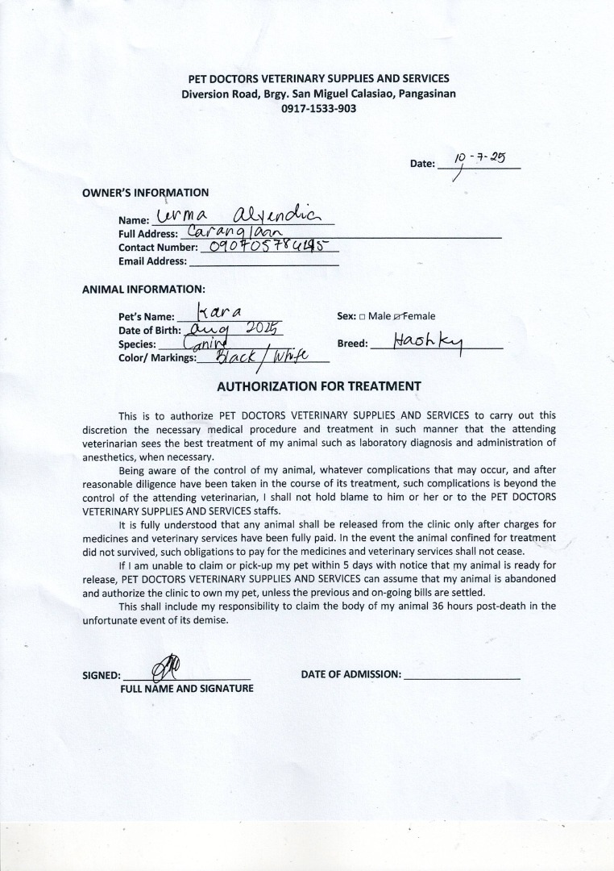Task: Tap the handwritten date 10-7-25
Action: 479,158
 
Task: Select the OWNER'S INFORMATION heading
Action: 145,193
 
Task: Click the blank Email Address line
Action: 263,261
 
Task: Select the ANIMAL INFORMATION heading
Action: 143,289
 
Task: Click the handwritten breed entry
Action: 428,342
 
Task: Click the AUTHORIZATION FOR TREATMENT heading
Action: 318,386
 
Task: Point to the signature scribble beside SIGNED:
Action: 172,668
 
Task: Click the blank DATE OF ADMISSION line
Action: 462,675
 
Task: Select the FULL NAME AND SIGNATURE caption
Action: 187,689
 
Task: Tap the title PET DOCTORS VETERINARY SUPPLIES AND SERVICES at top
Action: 318,79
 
